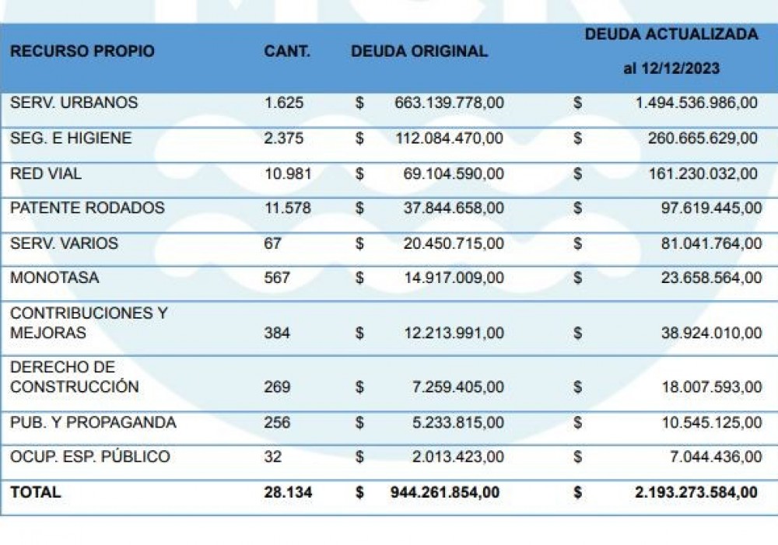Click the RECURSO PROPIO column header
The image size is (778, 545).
[x=82, y=51]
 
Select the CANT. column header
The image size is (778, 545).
[x=286, y=51]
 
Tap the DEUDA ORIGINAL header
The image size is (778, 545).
[x=419, y=51]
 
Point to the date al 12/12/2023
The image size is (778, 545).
[x=671, y=68]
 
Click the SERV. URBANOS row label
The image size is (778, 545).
[x=74, y=103]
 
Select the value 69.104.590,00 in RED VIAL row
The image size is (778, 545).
[x=453, y=174]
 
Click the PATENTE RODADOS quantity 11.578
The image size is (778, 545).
[x=288, y=208]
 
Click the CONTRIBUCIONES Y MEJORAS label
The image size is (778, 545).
[x=88, y=323]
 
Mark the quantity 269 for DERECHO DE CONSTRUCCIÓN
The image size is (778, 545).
[x=277, y=387]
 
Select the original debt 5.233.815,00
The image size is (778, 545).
[x=457, y=423]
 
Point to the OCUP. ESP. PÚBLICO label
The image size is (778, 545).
[x=89, y=456]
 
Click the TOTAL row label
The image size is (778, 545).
[x=35, y=492]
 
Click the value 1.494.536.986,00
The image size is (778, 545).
[x=696, y=103]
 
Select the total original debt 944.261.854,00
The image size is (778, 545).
[x=445, y=492]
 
